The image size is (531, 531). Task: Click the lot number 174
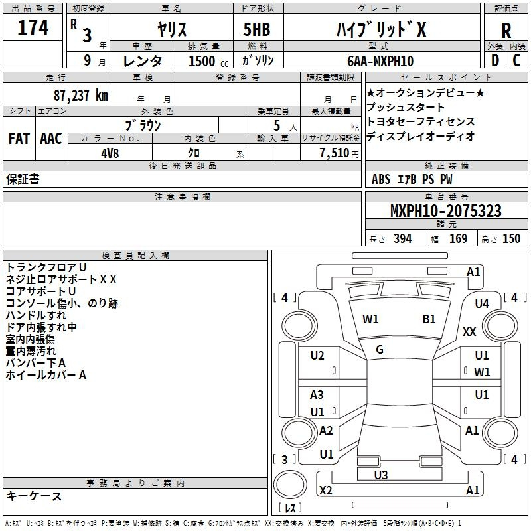[33, 28]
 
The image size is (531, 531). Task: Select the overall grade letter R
[506, 31]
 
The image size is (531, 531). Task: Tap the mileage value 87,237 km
[80, 96]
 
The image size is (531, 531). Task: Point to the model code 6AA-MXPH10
[380, 61]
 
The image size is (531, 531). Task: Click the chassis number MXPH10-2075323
[445, 211]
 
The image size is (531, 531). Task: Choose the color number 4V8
[110, 153]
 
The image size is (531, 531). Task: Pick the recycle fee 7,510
[335, 153]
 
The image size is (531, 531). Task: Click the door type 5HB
[257, 29]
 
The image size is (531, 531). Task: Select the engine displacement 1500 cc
[208, 61]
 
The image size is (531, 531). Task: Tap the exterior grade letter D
[495, 60]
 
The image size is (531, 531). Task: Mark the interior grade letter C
[516, 60]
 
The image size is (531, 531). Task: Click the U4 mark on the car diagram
[482, 304]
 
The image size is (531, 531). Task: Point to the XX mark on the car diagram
[469, 331]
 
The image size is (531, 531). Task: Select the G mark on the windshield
[380, 350]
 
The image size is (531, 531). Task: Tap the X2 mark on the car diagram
[325, 491]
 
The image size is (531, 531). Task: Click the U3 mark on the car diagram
[381, 475]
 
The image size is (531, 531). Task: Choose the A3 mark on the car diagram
[317, 394]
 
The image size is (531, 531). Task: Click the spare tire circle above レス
[290, 484]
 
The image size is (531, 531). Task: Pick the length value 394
[403, 239]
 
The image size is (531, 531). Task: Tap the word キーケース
[34, 496]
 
